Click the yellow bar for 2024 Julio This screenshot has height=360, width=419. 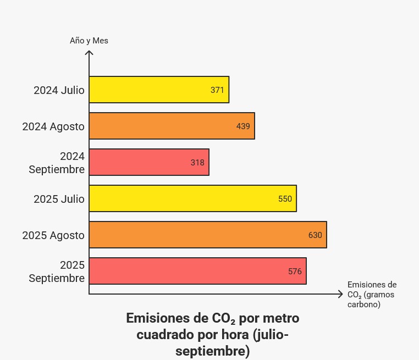(x=148, y=90)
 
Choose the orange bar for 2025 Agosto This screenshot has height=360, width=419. (x=198, y=235)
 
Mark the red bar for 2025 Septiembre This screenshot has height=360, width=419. (x=187, y=271)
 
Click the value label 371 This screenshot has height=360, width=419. (x=217, y=90)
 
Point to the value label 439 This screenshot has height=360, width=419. (x=243, y=126)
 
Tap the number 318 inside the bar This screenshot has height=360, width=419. (x=197, y=162)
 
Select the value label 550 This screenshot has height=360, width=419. (x=285, y=198)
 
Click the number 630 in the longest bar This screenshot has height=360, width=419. (x=315, y=235)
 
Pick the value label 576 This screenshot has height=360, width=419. (x=295, y=271)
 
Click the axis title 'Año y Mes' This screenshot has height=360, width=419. (x=89, y=41)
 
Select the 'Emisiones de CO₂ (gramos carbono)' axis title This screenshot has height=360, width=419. (x=372, y=294)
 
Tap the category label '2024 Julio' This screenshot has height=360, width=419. (x=59, y=90)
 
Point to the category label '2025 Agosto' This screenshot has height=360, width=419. (x=53, y=235)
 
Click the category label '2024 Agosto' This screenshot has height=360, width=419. (x=53, y=126)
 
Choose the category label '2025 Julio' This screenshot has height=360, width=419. (x=59, y=199)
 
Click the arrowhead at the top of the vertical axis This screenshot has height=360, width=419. (x=89, y=53)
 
